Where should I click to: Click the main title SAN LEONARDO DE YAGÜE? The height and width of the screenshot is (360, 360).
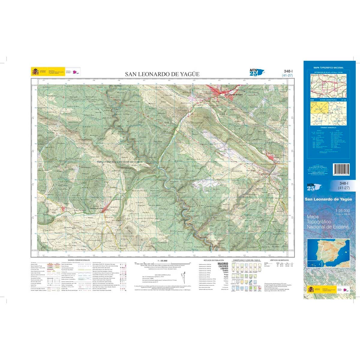coord(162,74)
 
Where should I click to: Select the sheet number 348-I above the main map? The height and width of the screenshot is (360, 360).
coord(288,71)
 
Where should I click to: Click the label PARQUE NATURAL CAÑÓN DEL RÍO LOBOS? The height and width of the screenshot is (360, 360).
coord(119,162)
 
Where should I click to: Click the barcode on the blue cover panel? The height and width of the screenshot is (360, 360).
coord(341,171)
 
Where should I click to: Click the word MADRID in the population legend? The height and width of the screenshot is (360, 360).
coord(223,264)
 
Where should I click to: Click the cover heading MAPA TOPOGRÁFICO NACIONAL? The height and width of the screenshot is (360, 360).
coord(328,68)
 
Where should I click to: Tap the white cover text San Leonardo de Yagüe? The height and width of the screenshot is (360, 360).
coord(328,199)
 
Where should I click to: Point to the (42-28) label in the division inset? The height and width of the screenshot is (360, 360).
coord(337,121)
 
